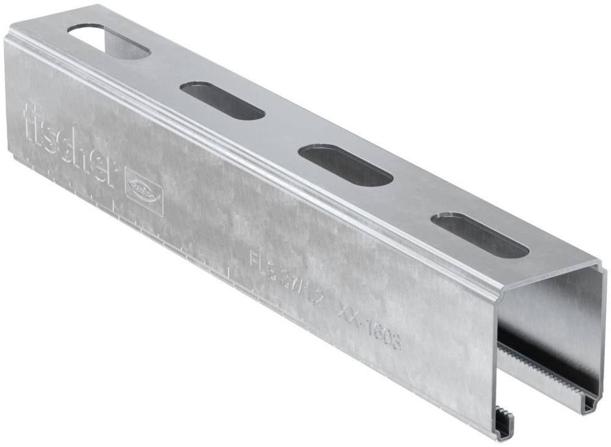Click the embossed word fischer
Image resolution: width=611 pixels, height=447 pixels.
point(67,144)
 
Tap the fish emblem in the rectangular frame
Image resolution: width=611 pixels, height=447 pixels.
point(144,190)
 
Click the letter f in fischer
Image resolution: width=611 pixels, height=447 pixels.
point(31,119)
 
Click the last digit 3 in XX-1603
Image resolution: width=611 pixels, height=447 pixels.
point(396,343)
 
